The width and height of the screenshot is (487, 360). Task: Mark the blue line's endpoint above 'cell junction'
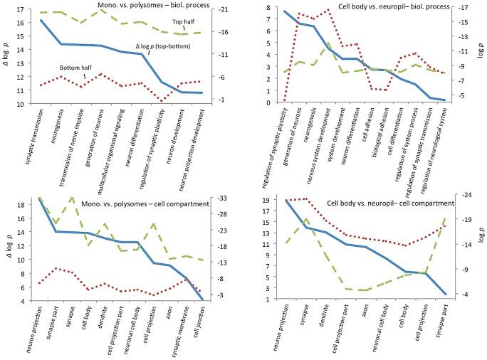point(202,300)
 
